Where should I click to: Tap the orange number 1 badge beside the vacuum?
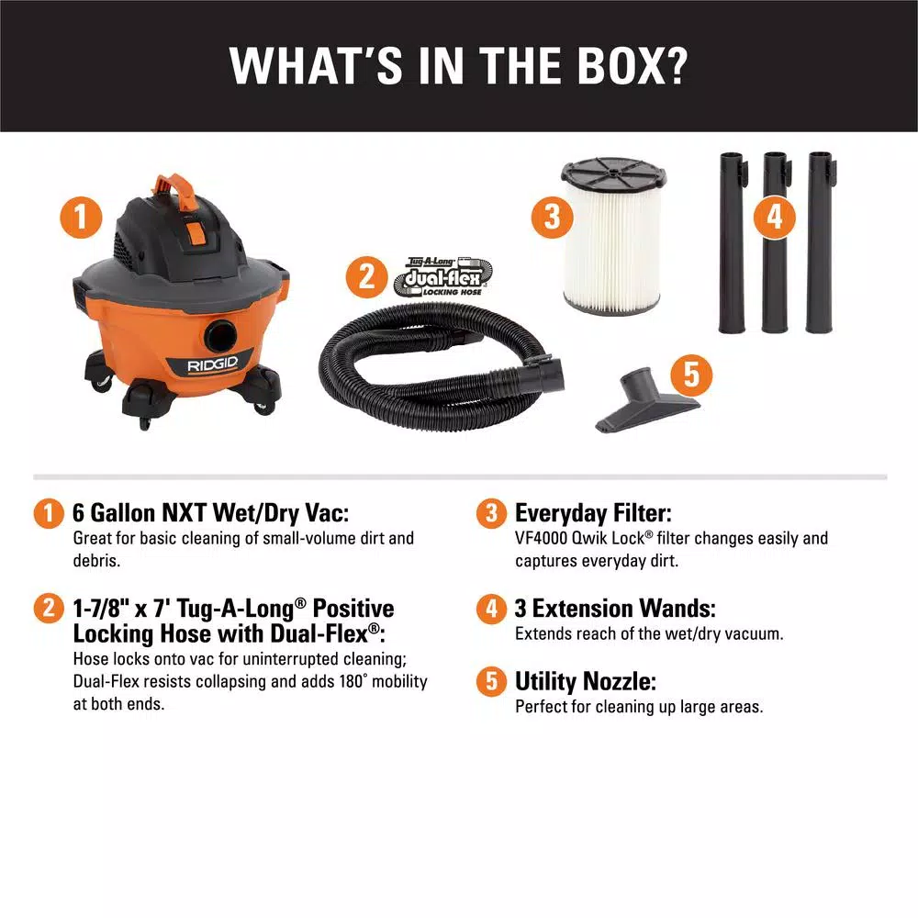tap(82, 218)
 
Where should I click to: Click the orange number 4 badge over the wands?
tap(775, 218)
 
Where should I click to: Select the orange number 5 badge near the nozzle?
tap(690, 374)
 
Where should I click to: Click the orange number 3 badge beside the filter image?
tap(551, 218)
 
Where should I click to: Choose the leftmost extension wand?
tap(731, 243)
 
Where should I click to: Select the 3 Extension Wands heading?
tap(615, 609)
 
